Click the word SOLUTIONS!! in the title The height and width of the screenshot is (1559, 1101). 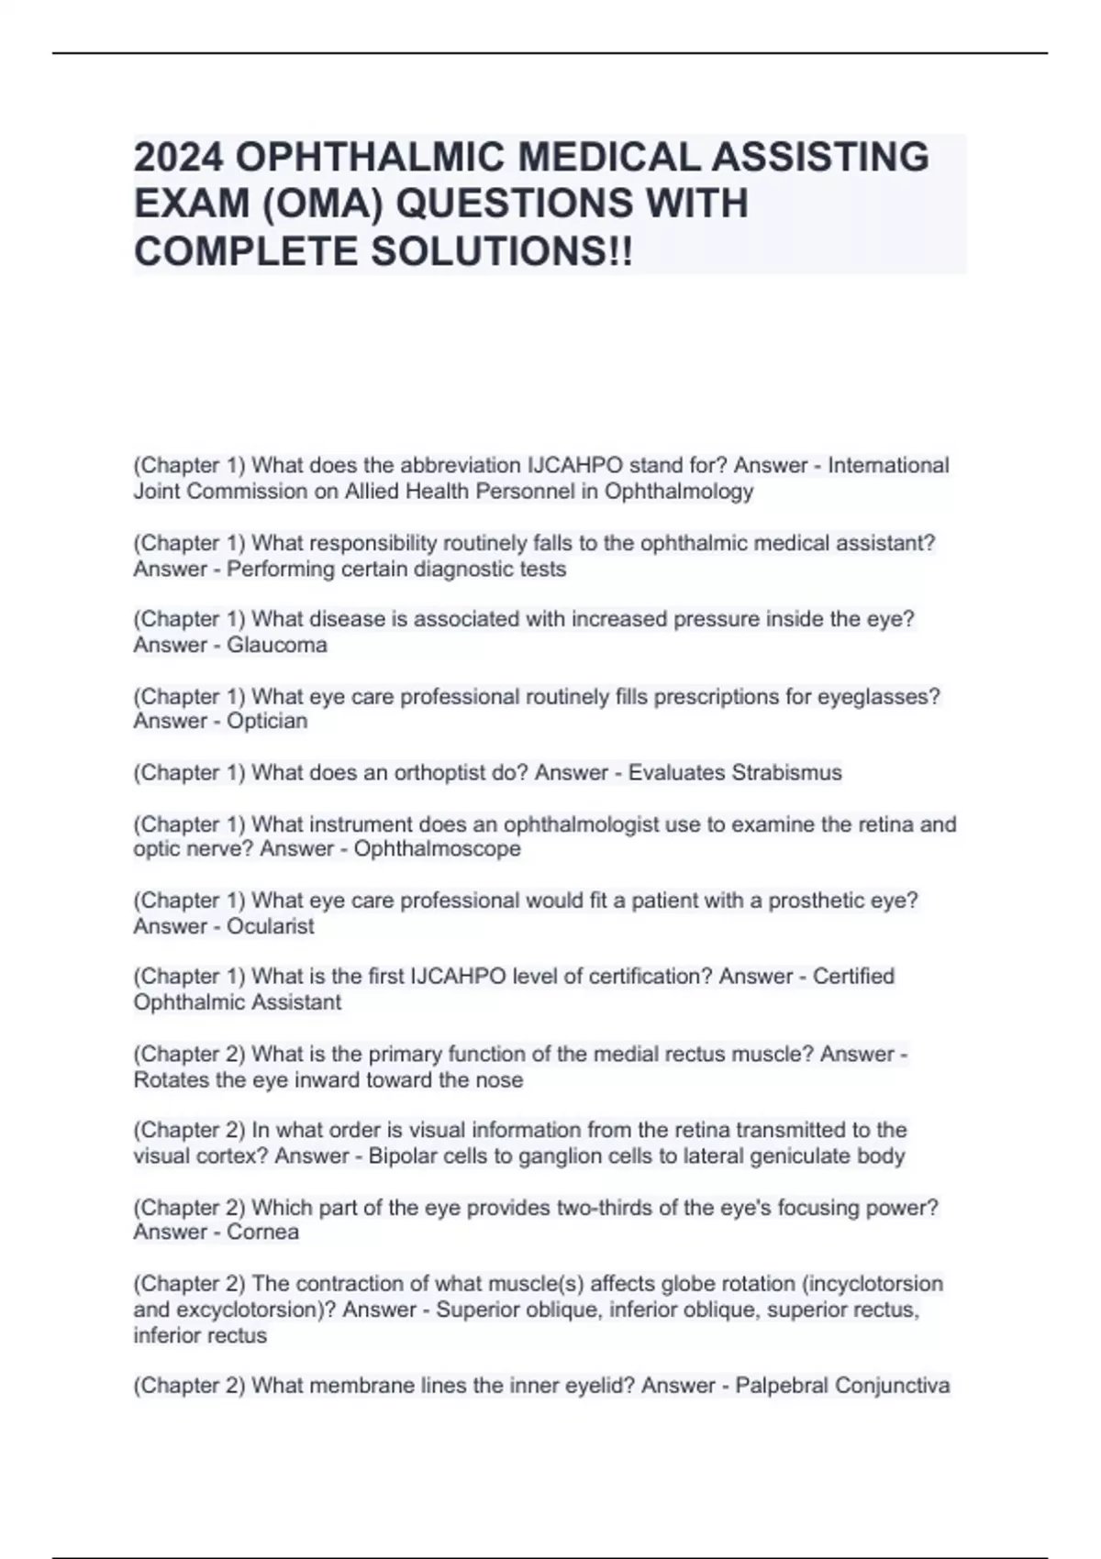pyautogui.click(x=502, y=251)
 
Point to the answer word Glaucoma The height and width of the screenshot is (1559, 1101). pyautogui.click(x=277, y=645)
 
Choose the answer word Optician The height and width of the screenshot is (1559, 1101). pyautogui.click(x=267, y=721)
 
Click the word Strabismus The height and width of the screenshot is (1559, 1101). pyautogui.click(x=786, y=772)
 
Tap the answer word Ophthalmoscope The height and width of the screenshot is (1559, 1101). pyautogui.click(x=438, y=848)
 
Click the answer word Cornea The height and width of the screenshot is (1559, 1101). pyautogui.click(x=262, y=1232)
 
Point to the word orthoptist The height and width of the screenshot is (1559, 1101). pyautogui.click(x=439, y=772)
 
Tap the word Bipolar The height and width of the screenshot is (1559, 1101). pyautogui.click(x=403, y=1155)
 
